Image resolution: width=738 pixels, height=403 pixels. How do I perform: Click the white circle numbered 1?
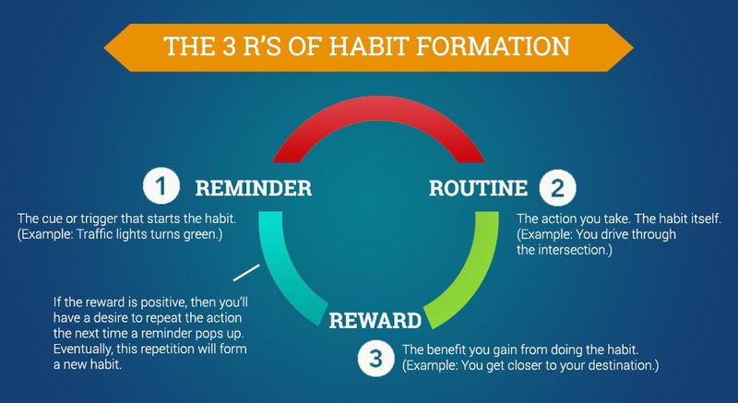161,186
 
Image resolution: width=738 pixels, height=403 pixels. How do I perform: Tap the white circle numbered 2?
557,187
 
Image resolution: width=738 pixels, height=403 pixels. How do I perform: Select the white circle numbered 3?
375,359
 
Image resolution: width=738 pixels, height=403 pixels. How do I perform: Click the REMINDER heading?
253,188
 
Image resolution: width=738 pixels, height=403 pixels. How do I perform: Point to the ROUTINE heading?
478,188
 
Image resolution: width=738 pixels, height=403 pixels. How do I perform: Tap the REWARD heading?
375,321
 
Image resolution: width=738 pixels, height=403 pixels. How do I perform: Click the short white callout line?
246,273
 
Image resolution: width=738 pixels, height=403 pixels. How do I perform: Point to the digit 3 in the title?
229,46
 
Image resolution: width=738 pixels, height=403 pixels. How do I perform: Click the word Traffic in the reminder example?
90,234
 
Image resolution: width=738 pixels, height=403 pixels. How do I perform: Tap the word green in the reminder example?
201,235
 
